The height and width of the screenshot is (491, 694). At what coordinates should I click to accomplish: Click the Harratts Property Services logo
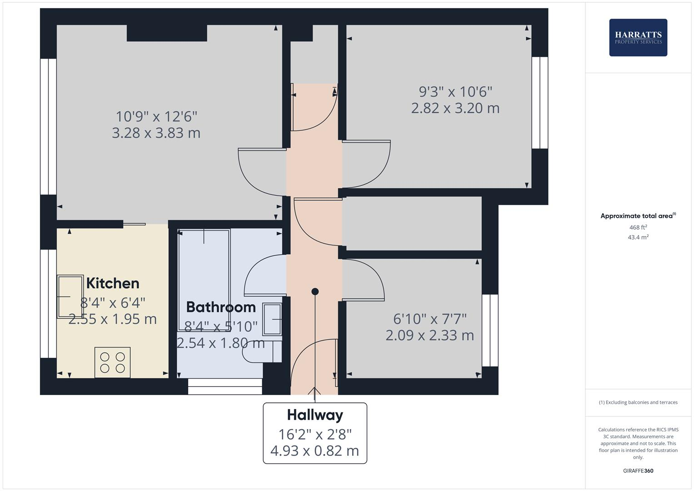pos(638,37)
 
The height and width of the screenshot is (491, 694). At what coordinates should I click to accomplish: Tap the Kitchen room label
pos(113,283)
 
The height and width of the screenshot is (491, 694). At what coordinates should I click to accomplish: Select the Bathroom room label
pos(221,307)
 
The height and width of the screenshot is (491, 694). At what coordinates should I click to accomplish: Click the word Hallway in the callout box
pos(315,415)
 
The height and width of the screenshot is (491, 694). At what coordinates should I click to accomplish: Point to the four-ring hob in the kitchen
pos(112,362)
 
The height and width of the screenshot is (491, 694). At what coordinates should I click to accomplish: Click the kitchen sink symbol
pos(70,296)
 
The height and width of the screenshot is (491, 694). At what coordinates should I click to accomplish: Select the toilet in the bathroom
pos(261,351)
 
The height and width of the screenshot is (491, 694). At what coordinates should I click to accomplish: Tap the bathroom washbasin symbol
pos(272,320)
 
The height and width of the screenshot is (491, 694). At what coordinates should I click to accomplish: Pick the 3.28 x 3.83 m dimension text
pos(156,133)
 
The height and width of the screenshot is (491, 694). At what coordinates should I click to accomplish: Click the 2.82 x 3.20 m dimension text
pos(455,108)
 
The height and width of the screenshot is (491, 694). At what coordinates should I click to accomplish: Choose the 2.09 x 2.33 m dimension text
pos(429,335)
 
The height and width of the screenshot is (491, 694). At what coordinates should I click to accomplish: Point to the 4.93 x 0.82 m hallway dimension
pos(315,451)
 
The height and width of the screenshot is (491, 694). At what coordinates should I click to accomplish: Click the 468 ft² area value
pos(638,227)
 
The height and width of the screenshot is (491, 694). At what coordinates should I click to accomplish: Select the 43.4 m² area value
pos(638,237)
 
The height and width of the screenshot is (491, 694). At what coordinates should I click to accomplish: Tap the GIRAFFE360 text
pos(638,471)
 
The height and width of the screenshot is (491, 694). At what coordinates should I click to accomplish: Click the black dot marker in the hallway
pos(315,291)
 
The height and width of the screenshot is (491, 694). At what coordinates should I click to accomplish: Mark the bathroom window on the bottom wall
pos(225,386)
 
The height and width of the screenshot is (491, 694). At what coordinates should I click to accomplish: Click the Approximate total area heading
pos(638,216)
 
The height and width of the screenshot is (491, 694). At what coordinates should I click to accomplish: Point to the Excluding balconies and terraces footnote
pos(638,402)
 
